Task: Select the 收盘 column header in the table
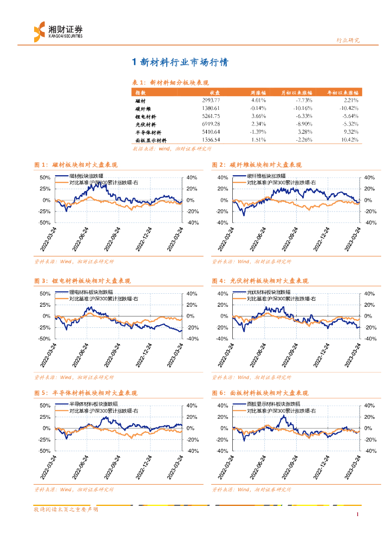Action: click(214, 93)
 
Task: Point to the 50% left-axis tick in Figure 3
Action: click(45, 294)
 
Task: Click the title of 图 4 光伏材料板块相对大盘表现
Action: click(260, 281)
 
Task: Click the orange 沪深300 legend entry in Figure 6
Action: click(278, 411)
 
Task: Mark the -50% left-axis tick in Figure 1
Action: click(44, 222)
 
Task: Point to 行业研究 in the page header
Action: click(348, 40)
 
